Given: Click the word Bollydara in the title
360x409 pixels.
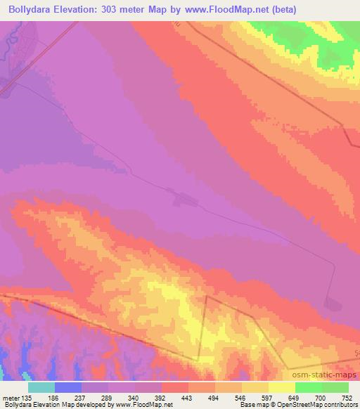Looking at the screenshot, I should (36, 10).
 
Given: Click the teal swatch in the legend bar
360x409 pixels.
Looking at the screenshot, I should (41, 387).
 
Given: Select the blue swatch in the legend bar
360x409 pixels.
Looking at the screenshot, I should (68, 387).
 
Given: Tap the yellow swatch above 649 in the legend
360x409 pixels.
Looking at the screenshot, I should (282, 387).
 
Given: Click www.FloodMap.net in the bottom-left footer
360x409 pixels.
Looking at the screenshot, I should (144, 405).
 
